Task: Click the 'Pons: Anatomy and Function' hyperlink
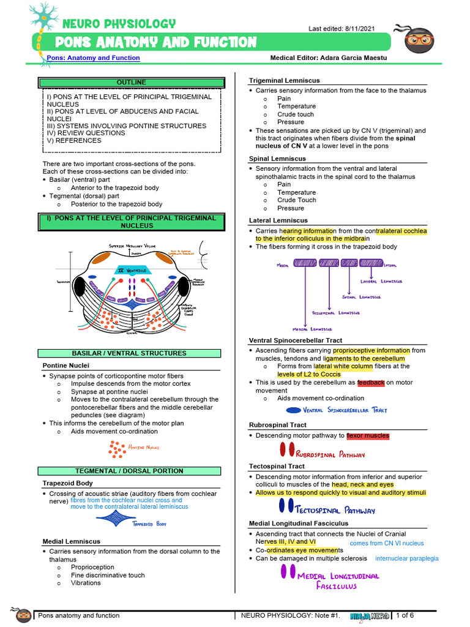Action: [93, 58]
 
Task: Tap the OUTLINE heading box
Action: [132, 82]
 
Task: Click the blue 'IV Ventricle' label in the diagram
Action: [132, 270]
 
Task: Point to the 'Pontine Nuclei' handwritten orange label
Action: [143, 448]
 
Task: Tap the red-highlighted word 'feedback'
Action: [371, 383]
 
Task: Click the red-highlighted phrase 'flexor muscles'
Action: [368, 436]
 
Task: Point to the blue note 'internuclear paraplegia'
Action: [407, 558]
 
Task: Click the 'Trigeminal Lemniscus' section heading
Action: [284, 80]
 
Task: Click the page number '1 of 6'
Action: [405, 615]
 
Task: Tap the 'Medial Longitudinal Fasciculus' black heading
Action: [299, 524]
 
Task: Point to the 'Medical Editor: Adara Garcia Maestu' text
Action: [328, 58]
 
